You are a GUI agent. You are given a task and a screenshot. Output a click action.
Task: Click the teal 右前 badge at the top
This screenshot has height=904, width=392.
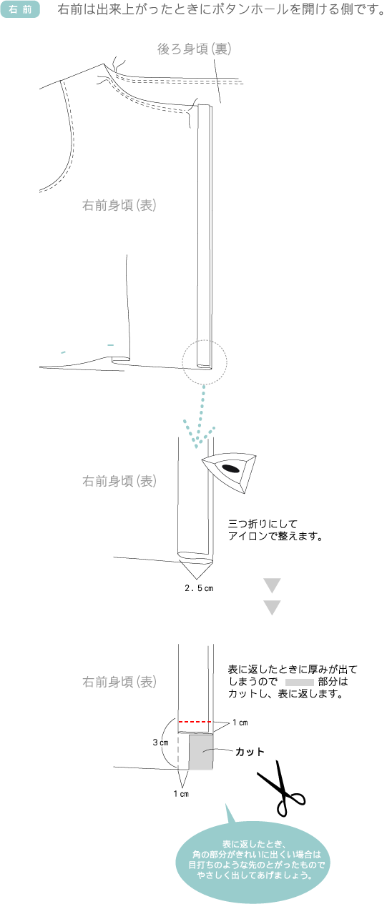(x=20, y=9)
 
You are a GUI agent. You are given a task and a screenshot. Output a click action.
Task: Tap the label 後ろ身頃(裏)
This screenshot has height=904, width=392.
(x=195, y=49)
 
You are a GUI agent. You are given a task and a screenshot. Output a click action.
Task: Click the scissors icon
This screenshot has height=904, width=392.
(x=281, y=789)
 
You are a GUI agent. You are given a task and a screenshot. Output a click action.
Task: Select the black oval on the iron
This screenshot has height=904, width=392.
(x=230, y=468)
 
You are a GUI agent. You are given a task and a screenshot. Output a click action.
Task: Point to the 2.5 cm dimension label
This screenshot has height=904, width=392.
(x=199, y=588)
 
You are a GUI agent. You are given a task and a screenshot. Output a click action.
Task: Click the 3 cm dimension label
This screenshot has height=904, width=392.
(x=160, y=742)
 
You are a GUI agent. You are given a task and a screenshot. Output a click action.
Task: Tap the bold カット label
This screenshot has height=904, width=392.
(x=250, y=752)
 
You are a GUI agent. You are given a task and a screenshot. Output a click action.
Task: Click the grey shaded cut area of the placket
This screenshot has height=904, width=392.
(x=201, y=752)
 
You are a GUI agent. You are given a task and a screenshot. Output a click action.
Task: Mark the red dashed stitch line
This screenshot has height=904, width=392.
(x=195, y=721)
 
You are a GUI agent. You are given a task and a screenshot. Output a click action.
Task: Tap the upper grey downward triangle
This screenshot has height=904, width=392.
(x=272, y=585)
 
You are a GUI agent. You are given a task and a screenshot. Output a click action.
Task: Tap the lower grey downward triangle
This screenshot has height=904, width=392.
(x=272, y=607)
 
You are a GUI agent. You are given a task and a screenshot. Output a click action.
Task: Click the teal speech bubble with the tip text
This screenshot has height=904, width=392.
(x=250, y=860)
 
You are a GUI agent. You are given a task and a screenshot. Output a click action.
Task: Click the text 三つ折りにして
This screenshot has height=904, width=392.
(x=263, y=524)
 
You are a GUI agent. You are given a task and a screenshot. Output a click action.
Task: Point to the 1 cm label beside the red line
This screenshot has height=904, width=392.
(x=240, y=722)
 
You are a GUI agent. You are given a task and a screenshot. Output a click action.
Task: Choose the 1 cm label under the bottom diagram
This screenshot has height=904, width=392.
(x=181, y=794)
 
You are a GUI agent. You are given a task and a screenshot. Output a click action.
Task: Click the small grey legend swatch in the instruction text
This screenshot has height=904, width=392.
(x=300, y=682)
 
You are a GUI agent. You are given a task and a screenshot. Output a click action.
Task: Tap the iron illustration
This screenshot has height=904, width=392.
(x=230, y=473)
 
